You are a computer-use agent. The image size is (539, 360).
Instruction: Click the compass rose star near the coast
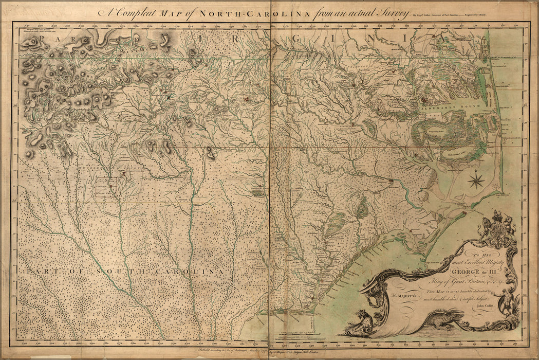pos(476,179)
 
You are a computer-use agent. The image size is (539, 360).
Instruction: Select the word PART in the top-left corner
pos(39,39)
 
